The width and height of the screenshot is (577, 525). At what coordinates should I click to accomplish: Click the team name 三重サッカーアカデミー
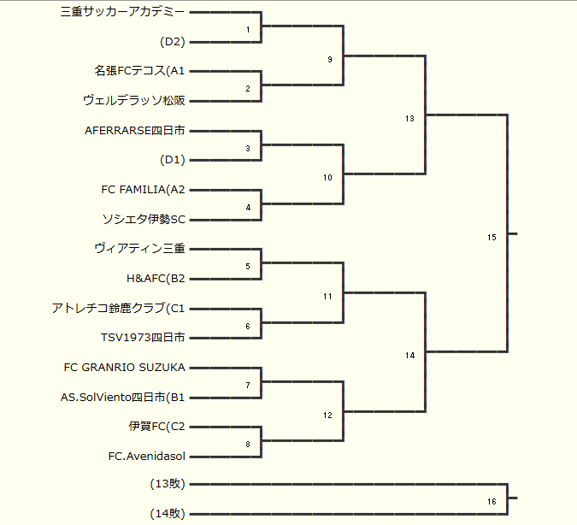(123, 12)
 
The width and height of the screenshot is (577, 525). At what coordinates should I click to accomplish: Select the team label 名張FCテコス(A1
(139, 71)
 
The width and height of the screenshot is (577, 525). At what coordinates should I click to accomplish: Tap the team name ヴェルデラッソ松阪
(133, 101)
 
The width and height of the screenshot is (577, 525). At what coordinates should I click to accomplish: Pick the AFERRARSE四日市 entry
(135, 130)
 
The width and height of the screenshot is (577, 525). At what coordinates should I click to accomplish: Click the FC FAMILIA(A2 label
(143, 189)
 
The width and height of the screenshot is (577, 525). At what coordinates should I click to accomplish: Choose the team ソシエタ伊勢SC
(144, 219)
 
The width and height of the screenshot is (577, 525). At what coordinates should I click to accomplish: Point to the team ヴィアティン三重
(139, 248)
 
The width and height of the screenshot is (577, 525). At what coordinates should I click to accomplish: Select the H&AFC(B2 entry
(156, 278)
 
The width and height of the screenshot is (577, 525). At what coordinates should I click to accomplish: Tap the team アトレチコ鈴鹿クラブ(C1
(118, 308)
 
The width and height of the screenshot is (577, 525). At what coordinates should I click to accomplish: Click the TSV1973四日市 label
(143, 338)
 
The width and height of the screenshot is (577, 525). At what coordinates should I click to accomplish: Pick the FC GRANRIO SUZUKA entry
(125, 367)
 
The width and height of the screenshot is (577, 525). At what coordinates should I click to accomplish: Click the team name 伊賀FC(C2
(157, 426)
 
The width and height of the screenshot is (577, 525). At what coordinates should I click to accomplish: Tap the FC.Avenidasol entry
(147, 456)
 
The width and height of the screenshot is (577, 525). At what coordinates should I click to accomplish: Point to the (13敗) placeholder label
(168, 484)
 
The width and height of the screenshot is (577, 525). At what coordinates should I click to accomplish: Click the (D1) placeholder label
(173, 160)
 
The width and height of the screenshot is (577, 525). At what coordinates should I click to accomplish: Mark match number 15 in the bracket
(492, 237)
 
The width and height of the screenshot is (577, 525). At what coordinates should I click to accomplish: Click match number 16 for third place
(492, 501)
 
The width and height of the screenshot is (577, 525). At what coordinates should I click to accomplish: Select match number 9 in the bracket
(329, 60)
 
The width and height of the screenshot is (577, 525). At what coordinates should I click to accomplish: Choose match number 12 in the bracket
(327, 415)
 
